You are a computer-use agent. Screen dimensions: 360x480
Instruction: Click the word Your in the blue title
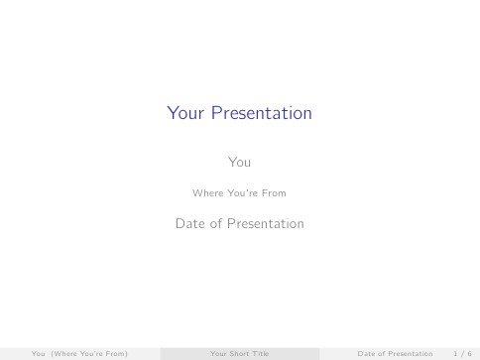[184, 114]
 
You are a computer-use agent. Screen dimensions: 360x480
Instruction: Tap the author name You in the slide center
[239, 160]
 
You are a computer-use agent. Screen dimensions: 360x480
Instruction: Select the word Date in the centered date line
[188, 224]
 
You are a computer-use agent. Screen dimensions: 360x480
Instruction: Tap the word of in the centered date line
[215, 224]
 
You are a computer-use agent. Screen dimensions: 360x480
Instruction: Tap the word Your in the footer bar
[219, 352]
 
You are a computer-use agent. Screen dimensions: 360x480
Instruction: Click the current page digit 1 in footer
[454, 352]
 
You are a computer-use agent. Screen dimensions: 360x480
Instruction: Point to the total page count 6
[469, 352]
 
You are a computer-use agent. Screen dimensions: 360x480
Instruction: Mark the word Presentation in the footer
[412, 352]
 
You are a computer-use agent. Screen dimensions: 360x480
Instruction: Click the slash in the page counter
[461, 352]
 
